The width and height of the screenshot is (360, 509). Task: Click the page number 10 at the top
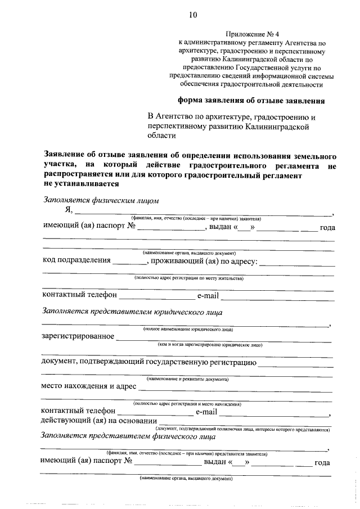(x=193, y=15)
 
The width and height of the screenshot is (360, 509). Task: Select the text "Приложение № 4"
(x=251, y=33)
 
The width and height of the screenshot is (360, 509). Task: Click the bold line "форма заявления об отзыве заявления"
(x=251, y=102)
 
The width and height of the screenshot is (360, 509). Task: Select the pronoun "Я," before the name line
(x=69, y=211)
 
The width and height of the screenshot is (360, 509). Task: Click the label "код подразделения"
(x=76, y=261)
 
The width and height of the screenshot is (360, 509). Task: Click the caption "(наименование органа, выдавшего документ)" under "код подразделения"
(x=188, y=253)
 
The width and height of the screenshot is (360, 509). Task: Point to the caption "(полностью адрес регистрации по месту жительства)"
(x=188, y=278)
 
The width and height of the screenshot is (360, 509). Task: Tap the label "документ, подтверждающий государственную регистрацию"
(x=149, y=361)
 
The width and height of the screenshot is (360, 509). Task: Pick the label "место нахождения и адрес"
(x=88, y=386)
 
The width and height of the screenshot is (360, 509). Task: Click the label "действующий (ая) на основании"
(x=98, y=421)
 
